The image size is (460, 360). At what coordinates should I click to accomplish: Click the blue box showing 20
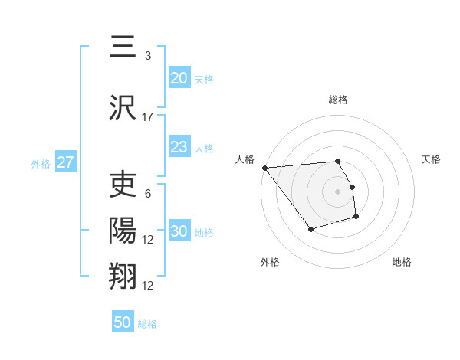[179, 78]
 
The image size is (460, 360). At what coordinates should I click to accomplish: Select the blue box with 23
[179, 148]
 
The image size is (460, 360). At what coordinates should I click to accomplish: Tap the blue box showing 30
[179, 232]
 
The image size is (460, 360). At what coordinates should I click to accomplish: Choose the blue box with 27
[65, 162]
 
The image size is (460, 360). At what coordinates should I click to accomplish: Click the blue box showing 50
[122, 322]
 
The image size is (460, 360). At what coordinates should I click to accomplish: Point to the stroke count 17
[148, 117]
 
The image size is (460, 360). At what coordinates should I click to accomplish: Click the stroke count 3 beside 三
[147, 56]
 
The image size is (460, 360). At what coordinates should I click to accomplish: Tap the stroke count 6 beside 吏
[147, 194]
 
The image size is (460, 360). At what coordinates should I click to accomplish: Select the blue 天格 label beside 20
[204, 80]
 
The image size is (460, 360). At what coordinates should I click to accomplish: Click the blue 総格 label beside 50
[147, 324]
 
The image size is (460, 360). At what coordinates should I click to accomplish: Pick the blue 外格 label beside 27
[41, 163]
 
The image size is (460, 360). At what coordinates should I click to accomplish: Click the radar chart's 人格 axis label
[245, 159]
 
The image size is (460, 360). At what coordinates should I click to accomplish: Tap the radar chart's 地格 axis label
[402, 262]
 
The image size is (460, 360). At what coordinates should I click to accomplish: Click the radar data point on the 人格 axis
[264, 168]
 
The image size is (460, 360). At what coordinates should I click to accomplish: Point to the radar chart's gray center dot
[337, 191]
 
